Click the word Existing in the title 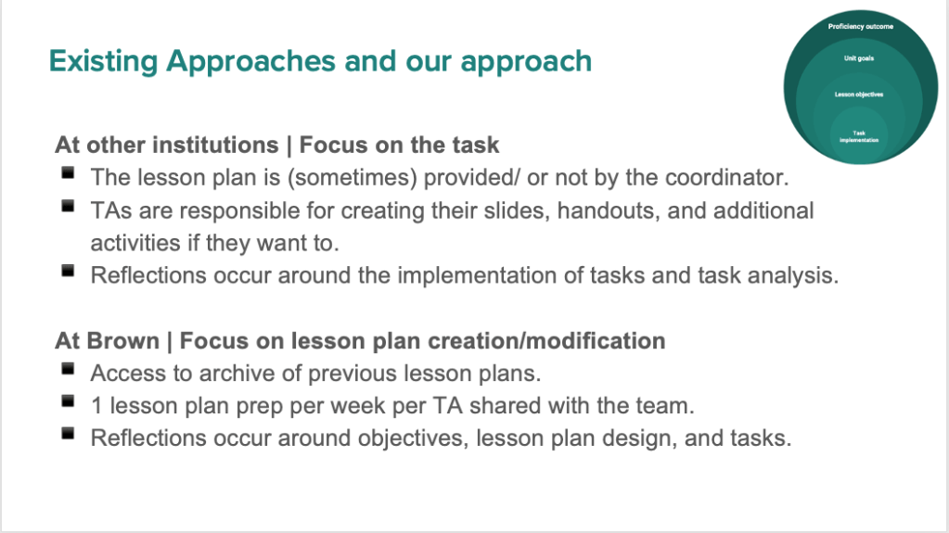pyautogui.click(x=104, y=62)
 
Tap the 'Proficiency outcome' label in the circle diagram pyautogui.click(x=861, y=27)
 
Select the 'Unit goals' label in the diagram pyautogui.click(x=859, y=58)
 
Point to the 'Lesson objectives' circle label pyautogui.click(x=859, y=95)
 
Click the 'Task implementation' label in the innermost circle pyautogui.click(x=859, y=137)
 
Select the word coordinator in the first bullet pyautogui.click(x=727, y=177)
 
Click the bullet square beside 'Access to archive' pyautogui.click(x=68, y=368)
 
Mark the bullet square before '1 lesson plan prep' pyautogui.click(x=68, y=400)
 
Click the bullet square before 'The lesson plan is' pyautogui.click(x=68, y=173)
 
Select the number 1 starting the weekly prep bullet pyautogui.click(x=96, y=405)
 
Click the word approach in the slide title pyautogui.click(x=526, y=62)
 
